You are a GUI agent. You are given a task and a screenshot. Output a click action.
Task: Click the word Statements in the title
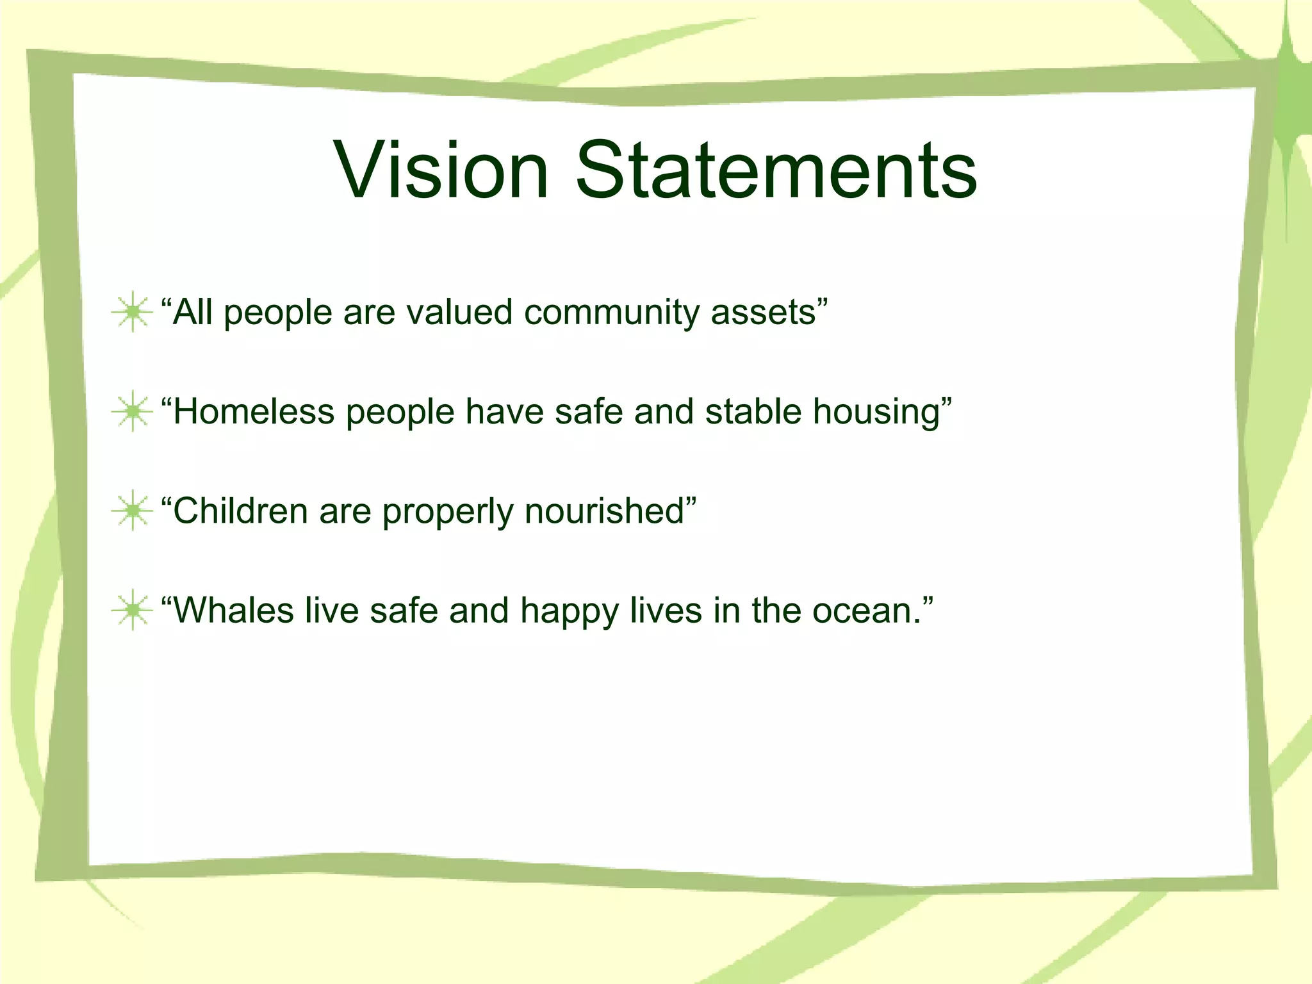(776, 170)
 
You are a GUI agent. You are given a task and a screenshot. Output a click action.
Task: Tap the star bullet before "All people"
(132, 312)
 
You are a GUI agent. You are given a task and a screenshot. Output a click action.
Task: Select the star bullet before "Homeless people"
(132, 411)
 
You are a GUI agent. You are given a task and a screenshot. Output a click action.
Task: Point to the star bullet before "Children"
(132, 511)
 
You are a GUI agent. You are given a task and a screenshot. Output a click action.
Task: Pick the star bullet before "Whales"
(132, 610)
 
